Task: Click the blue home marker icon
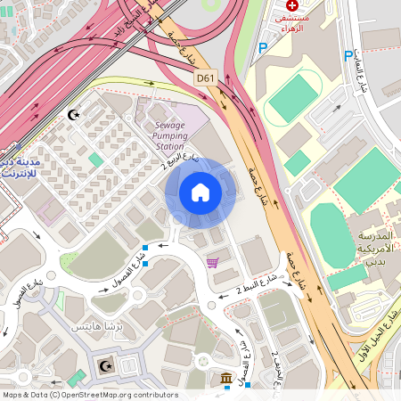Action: [x=200, y=192]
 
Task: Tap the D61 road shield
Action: [x=206, y=78]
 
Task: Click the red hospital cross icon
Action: [x=292, y=5]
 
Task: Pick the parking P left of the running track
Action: [x=262, y=48]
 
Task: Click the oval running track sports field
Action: [x=294, y=98]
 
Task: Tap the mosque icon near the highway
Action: [x=73, y=115]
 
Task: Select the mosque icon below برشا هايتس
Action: [x=107, y=365]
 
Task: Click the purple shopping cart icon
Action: [x=212, y=262]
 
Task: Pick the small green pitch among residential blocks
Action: [x=95, y=160]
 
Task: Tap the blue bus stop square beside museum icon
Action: [x=248, y=385]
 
